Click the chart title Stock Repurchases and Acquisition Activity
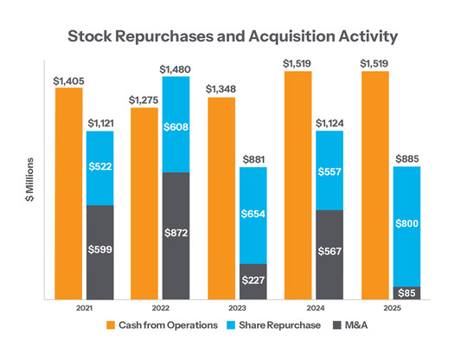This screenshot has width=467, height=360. coord(233,37)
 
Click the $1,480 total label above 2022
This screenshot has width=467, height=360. coord(176,68)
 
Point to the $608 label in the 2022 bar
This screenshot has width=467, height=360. coord(176,125)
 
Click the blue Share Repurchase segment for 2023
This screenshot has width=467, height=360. coord(253,215)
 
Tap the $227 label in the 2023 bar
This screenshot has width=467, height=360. coord(253,280)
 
